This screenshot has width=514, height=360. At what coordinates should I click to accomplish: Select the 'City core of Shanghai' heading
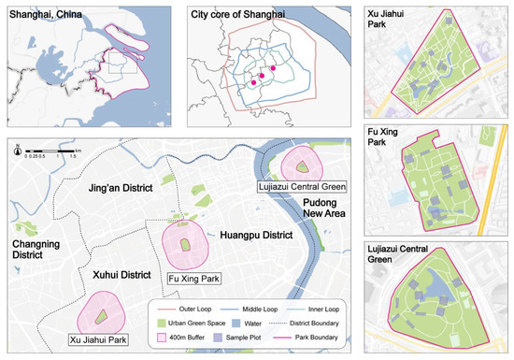pyautogui.click(x=227, y=11)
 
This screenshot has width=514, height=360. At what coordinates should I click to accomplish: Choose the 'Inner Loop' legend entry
pyautogui.click(x=312, y=308)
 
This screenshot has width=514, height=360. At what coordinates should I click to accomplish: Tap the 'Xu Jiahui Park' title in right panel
pyautogui.click(x=386, y=16)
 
